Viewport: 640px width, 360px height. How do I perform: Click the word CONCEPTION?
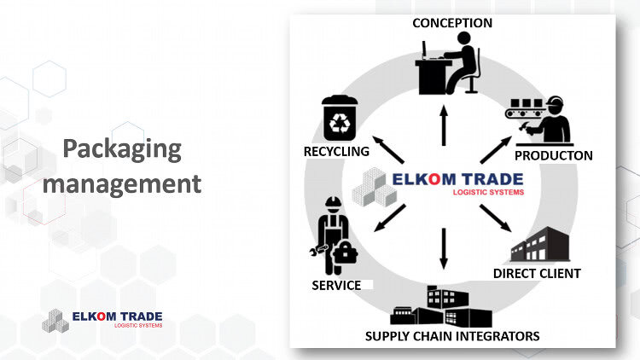[452, 23]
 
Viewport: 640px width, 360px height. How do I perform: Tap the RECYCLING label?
[336, 152]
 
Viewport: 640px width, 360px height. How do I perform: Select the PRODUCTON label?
[554, 155]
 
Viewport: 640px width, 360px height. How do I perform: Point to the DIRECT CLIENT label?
[537, 274]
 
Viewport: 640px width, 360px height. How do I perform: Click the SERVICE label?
[336, 285]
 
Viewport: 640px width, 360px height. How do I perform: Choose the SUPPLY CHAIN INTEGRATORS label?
[452, 336]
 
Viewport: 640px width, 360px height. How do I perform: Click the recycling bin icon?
[340, 119]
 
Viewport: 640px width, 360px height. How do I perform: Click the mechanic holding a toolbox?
[334, 236]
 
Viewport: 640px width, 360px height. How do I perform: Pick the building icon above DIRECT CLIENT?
[540, 245]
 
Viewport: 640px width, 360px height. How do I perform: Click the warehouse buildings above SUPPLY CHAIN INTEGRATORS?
[441, 306]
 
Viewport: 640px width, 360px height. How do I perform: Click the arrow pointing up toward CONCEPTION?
[444, 125]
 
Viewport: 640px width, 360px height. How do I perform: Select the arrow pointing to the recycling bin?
[388, 150]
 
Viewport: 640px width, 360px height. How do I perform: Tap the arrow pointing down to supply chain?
[444, 248]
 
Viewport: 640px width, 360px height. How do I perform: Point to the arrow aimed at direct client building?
[496, 218]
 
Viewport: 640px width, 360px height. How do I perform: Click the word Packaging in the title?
[122, 149]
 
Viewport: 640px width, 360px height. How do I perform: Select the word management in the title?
[122, 183]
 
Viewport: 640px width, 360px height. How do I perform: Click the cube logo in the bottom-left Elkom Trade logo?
[55, 321]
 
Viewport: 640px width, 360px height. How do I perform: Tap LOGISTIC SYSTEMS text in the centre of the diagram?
[488, 192]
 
